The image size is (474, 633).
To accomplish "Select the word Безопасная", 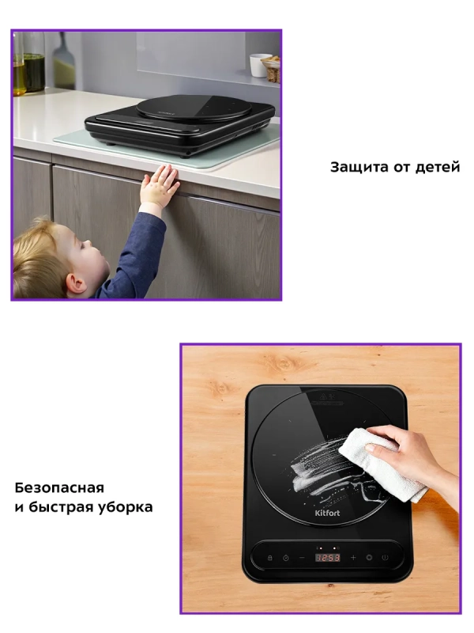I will tap(59, 487).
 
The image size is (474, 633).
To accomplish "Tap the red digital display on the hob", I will tap(328, 557).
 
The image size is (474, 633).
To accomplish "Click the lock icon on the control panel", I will tap(269, 557).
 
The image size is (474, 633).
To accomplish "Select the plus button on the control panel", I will tap(352, 557).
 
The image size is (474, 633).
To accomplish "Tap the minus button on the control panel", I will tap(302, 557).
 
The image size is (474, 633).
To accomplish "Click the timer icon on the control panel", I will tap(285, 557).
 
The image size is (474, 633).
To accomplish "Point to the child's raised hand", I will tap(161, 187).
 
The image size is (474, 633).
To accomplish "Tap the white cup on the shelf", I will tap(258, 65).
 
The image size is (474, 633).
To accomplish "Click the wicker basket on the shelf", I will tap(272, 68).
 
